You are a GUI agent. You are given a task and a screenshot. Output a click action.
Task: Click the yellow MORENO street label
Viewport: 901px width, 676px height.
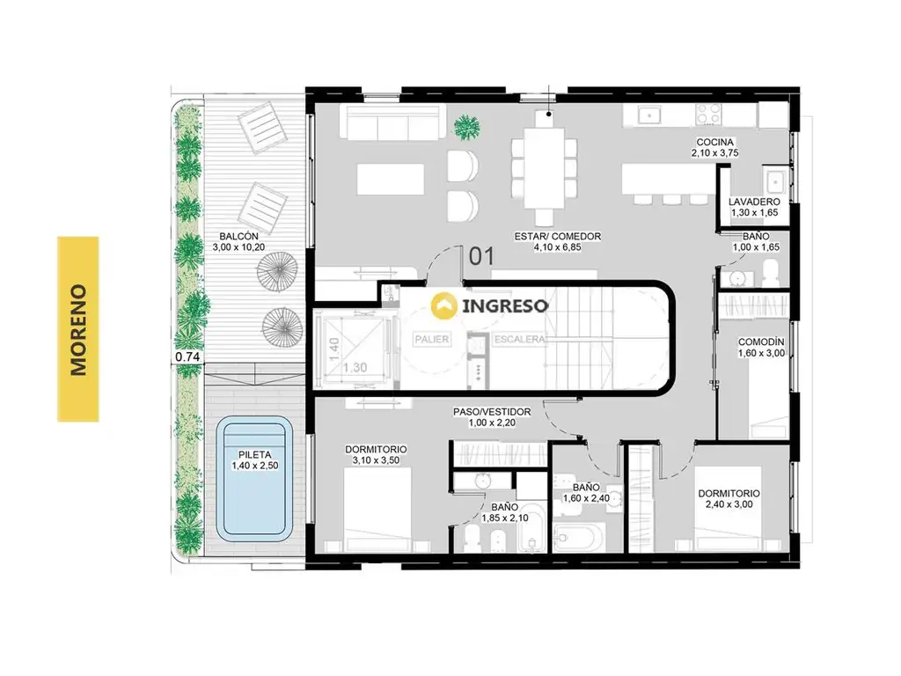tap(78, 329)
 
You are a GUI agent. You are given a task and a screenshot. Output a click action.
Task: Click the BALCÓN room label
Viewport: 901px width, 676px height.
tap(238, 236)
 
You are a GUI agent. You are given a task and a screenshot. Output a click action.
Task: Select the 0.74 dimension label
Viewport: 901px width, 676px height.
tap(187, 356)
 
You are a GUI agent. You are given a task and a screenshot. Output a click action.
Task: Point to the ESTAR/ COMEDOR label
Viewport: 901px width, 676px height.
tap(557, 236)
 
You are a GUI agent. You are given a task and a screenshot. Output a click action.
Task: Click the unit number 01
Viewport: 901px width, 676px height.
tap(481, 256)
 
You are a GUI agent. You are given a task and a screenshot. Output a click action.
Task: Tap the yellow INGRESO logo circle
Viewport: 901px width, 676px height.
tap(444, 305)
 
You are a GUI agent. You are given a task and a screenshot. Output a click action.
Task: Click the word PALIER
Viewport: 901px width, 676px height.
tap(431, 339)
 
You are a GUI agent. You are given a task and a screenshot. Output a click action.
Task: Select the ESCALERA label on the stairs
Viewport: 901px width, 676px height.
tap(519, 339)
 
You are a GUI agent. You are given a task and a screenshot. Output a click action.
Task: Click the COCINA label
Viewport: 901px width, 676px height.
tap(714, 142)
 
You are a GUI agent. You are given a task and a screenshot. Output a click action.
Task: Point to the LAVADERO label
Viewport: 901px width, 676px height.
tap(754, 202)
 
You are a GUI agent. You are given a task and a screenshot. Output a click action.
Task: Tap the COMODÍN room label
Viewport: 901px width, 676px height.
tap(761, 342)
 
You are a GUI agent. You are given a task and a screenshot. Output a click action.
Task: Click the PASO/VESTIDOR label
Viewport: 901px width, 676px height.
tap(492, 412)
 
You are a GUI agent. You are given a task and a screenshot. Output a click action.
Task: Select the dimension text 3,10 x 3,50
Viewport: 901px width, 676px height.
tap(376, 460)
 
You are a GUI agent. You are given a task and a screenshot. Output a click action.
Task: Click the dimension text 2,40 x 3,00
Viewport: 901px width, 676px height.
tap(729, 504)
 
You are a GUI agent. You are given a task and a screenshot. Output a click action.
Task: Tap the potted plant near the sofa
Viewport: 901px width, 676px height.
tap(466, 126)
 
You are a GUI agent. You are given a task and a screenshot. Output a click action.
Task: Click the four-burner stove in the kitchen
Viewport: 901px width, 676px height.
tap(708, 114)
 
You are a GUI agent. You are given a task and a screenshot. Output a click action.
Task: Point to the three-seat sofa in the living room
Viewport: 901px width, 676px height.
tap(392, 121)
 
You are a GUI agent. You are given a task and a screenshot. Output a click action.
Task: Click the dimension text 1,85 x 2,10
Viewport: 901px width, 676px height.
tap(505, 518)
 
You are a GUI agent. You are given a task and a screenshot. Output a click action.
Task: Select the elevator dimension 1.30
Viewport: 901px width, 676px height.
tap(355, 367)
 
